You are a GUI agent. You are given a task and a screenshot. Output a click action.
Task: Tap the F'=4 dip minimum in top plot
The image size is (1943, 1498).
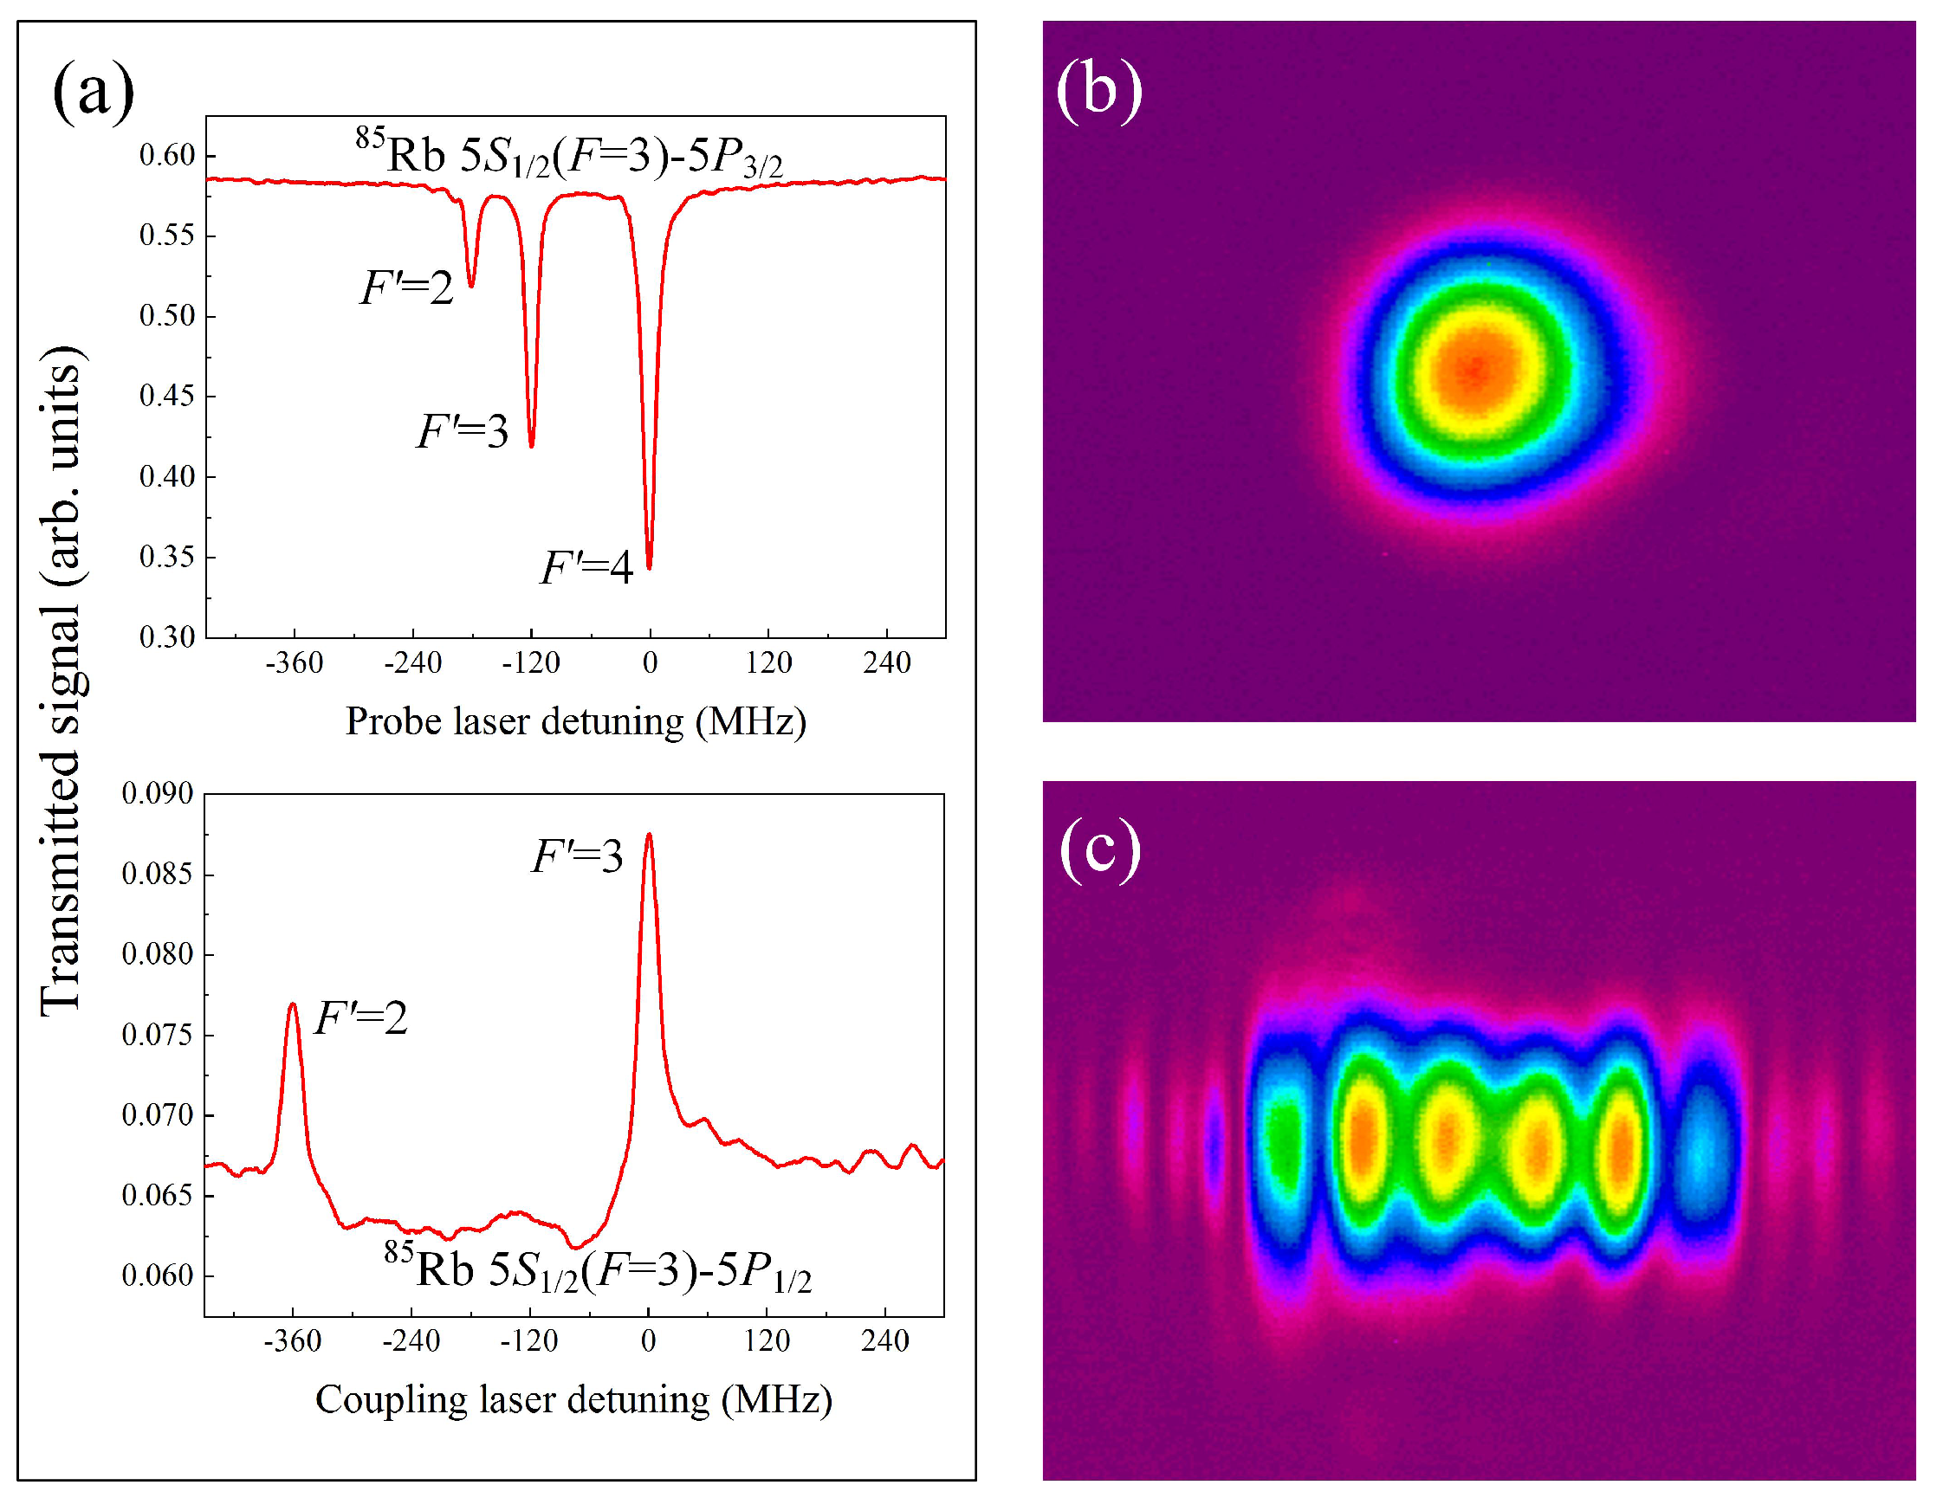point(650,566)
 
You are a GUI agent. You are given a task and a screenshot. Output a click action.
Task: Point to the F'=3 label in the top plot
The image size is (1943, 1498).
point(462,432)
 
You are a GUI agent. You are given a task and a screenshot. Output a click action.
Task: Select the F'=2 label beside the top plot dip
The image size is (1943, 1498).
point(406,288)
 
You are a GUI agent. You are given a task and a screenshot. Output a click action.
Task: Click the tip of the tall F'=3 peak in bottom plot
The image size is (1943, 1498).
point(649,835)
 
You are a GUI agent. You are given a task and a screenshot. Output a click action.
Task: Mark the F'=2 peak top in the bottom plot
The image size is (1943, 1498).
point(293,1004)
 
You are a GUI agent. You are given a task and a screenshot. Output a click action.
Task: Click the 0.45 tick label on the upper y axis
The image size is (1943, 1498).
point(166,396)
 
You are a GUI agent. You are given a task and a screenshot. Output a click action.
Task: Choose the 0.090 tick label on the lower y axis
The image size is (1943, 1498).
point(158,792)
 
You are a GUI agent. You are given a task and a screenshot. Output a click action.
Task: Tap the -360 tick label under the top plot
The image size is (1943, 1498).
point(294,662)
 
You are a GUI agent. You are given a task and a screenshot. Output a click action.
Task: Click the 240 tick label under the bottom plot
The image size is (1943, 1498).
point(884,1340)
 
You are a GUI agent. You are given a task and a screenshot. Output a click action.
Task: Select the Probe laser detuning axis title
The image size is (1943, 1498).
point(575,721)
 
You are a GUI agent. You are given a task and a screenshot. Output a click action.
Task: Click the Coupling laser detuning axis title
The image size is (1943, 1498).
point(573,1399)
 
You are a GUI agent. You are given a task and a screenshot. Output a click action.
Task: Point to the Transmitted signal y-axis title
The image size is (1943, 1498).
point(62,681)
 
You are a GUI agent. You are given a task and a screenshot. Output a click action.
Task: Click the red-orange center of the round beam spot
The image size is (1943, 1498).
point(1475,369)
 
